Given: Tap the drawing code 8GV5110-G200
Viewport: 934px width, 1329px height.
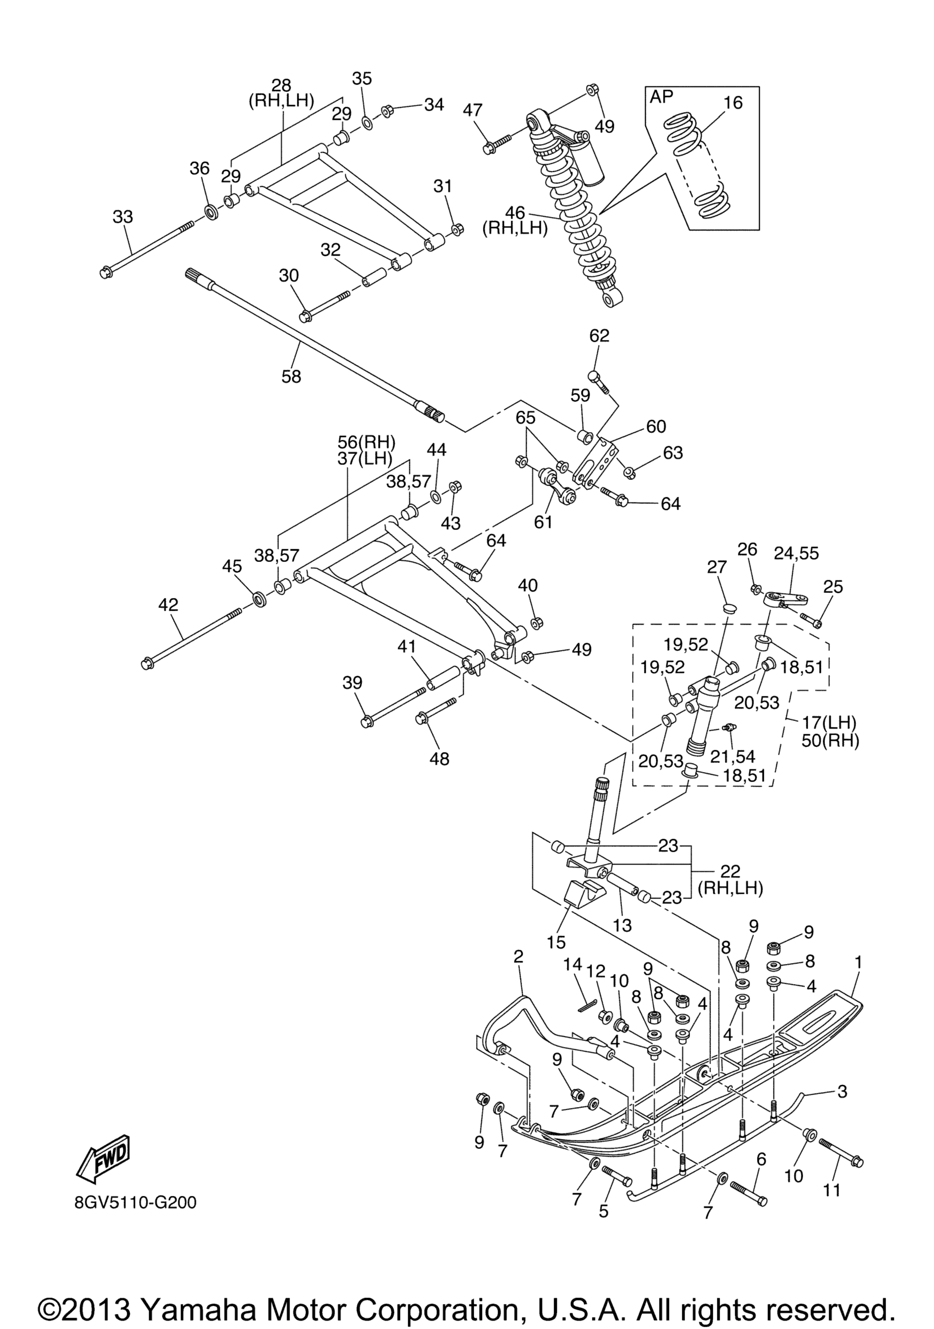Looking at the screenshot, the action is click(x=135, y=1203).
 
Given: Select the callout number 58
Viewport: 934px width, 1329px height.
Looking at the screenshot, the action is click(x=291, y=377).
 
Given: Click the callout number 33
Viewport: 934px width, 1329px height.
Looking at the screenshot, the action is click(x=123, y=216).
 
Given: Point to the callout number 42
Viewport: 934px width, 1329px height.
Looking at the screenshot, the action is click(x=168, y=605).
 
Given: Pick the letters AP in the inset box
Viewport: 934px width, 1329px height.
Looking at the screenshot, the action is click(x=662, y=97).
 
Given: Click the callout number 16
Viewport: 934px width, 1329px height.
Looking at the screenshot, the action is click(x=732, y=103).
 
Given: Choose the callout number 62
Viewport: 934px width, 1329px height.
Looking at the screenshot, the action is click(x=599, y=336).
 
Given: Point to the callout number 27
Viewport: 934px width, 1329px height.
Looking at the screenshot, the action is click(x=717, y=567).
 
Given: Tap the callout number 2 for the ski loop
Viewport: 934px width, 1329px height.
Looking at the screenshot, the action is click(x=518, y=956).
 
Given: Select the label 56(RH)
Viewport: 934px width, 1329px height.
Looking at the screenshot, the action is click(x=367, y=442).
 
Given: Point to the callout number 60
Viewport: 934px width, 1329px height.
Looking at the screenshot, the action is click(x=656, y=427).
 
